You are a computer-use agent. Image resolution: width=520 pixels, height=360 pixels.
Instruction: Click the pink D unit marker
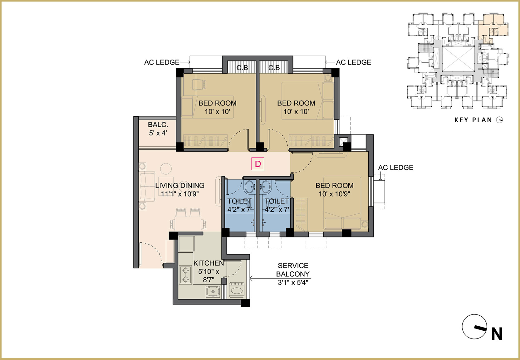click(x=258, y=164)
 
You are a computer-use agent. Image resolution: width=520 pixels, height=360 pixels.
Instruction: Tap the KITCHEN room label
click(x=208, y=263)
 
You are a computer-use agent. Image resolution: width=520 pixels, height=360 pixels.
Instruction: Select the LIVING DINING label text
click(x=180, y=185)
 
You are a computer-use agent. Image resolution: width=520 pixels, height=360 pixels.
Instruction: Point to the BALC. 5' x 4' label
click(x=158, y=129)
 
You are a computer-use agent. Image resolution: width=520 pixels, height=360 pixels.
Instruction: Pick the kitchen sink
click(x=213, y=292)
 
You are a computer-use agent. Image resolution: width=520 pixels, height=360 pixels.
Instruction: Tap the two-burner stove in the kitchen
click(x=185, y=275)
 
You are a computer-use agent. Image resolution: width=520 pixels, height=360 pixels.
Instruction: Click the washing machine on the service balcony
click(x=237, y=289)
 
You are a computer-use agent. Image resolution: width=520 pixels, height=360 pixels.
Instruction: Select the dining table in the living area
click(x=188, y=224)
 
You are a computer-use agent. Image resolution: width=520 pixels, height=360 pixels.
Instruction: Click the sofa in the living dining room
click(x=147, y=186)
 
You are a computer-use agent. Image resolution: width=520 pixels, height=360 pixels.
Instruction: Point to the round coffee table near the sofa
click(x=166, y=169)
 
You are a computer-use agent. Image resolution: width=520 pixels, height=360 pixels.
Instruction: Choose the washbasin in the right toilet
click(x=265, y=187)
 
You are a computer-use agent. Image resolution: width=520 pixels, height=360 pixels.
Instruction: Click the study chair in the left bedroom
click(x=199, y=84)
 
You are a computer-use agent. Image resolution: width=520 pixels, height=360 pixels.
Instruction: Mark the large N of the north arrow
click(x=497, y=334)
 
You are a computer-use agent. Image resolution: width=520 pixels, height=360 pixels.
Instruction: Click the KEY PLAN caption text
click(x=473, y=120)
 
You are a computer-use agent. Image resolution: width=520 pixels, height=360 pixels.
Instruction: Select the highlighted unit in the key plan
click(x=493, y=28)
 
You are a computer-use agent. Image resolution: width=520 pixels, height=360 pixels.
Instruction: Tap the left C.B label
click(x=242, y=68)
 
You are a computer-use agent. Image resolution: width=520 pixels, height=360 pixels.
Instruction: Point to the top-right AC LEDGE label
click(x=354, y=62)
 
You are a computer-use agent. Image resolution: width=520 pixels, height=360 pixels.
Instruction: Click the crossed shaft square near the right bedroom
click(x=343, y=142)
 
